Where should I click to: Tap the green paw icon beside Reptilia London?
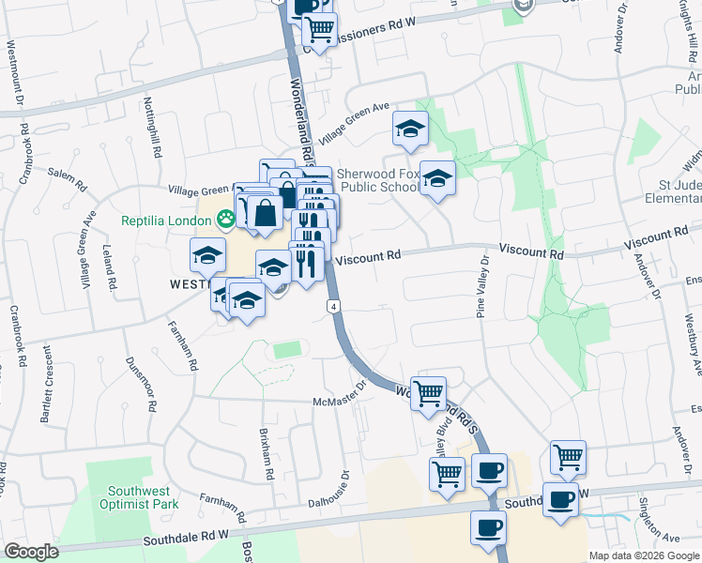pos(225,221)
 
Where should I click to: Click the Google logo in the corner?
pos(31,552)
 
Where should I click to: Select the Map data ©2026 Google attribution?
pos(644,555)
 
